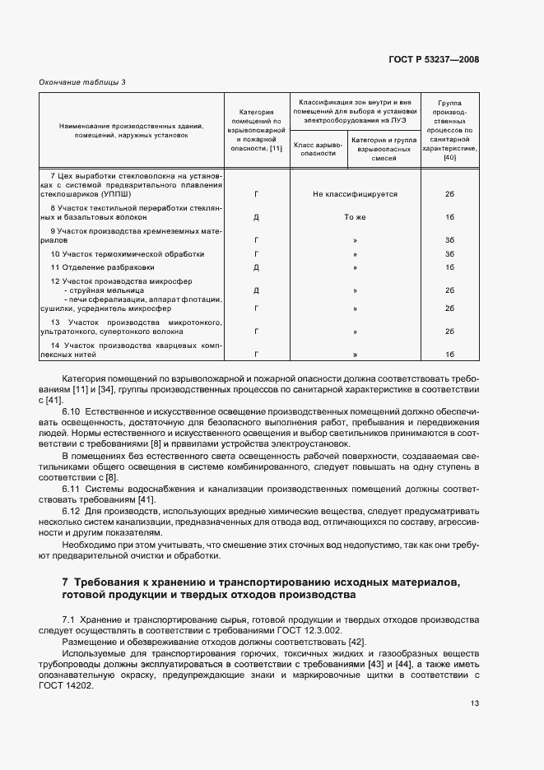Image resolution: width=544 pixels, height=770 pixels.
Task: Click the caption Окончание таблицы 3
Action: click(x=83, y=81)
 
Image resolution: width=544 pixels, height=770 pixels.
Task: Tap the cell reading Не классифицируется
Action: click(x=355, y=194)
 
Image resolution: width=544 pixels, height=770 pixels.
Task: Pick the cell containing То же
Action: click(x=355, y=218)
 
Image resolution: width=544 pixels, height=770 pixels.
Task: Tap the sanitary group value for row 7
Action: click(x=449, y=194)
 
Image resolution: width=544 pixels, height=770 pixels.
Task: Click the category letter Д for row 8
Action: click(x=257, y=218)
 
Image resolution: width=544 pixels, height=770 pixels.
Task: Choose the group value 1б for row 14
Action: click(x=449, y=355)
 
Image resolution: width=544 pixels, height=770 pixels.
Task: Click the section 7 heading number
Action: click(x=65, y=582)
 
